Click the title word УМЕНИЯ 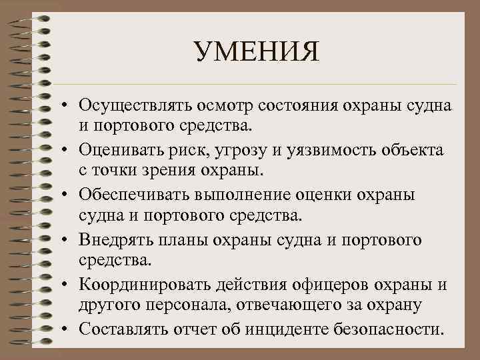257,53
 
